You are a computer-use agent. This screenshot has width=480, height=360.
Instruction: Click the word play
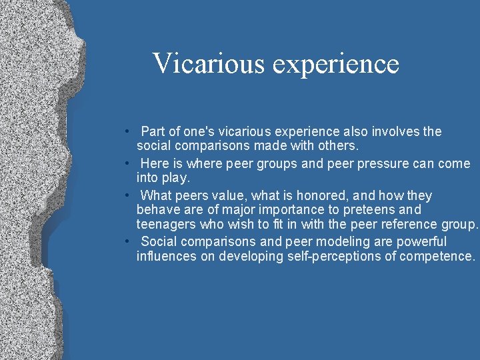tap(175, 178)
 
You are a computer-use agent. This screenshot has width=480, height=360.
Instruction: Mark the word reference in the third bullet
tap(409, 225)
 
